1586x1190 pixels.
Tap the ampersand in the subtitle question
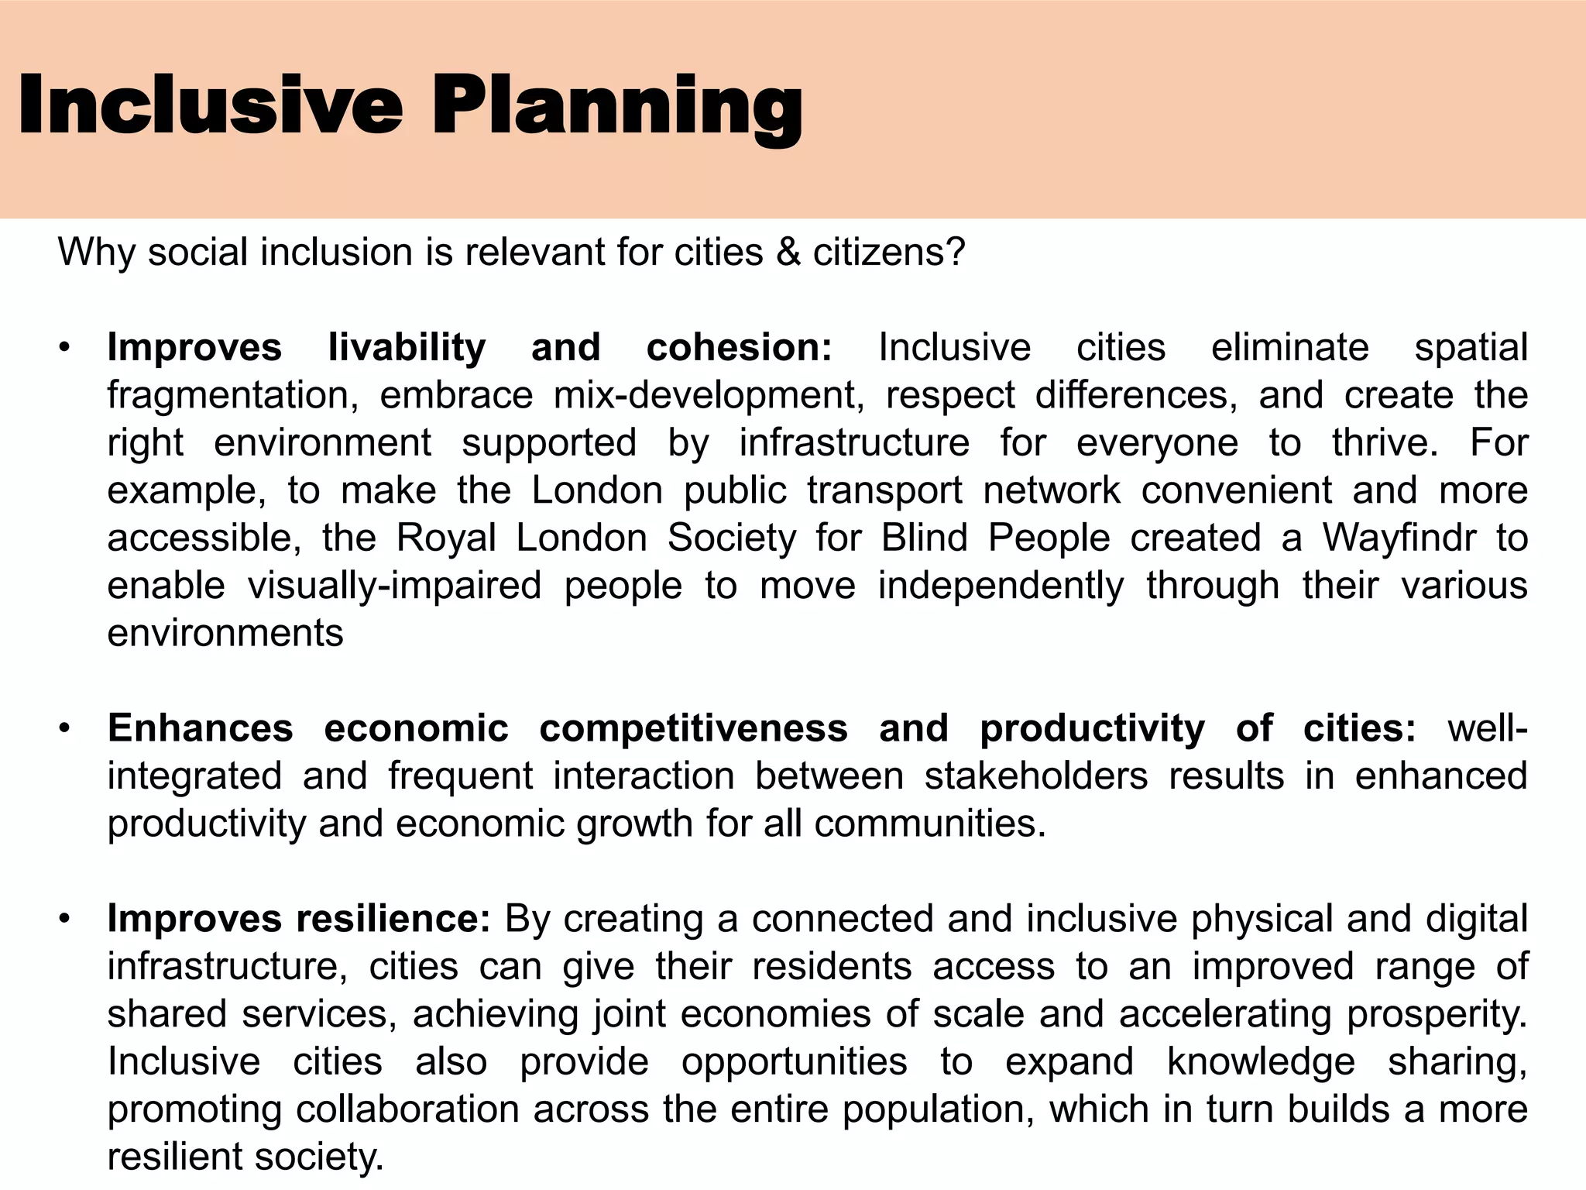(788, 252)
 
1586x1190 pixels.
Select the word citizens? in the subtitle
(889, 253)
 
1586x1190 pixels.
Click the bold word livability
(407, 347)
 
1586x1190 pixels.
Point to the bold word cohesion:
(739, 347)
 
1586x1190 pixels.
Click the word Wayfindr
(1399, 538)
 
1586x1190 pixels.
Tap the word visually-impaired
(394, 586)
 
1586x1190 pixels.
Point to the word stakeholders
(1035, 776)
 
